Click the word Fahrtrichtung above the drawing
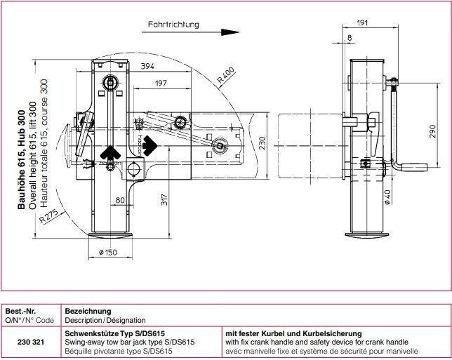click(x=173, y=25)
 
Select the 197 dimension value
click(x=160, y=84)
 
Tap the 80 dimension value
click(x=121, y=200)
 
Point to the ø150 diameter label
click(x=107, y=252)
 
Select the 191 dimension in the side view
click(x=362, y=24)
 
